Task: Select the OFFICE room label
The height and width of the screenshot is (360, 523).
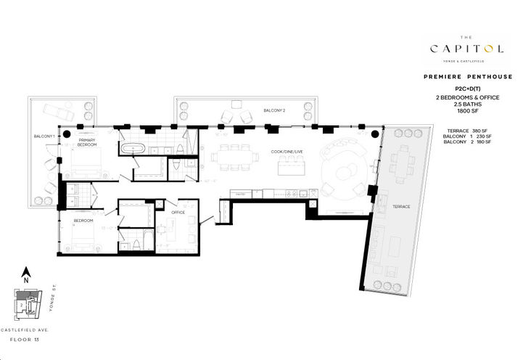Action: (178, 212)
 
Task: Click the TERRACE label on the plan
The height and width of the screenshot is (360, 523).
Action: (401, 207)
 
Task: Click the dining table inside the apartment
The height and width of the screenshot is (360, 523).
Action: (233, 156)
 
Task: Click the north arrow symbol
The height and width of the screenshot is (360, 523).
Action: (25, 273)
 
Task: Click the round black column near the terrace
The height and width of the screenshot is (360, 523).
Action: (376, 134)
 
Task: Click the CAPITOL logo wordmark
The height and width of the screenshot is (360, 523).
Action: (466, 49)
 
